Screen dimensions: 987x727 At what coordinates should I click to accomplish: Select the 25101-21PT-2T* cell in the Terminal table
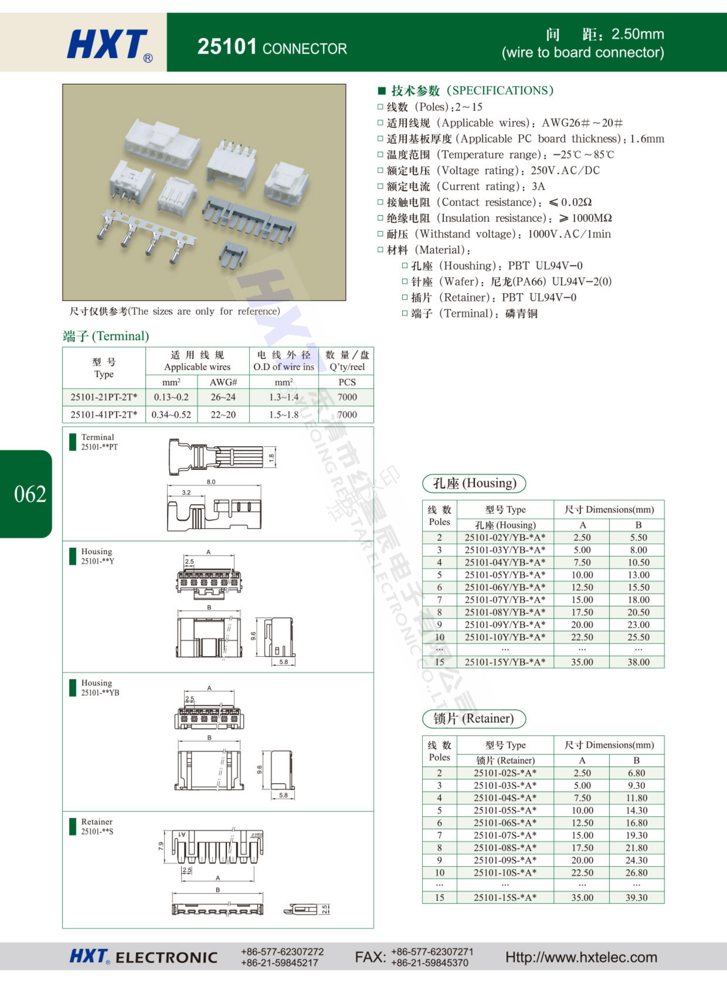click(x=104, y=397)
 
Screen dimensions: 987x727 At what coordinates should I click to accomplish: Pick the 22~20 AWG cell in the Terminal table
click(x=223, y=414)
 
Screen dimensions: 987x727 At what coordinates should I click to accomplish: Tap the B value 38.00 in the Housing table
click(x=638, y=662)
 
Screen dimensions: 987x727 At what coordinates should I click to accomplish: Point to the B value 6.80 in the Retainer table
click(x=636, y=773)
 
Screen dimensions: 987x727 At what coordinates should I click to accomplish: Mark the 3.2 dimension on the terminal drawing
click(x=186, y=492)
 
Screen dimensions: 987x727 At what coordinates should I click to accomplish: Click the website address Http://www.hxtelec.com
click(x=581, y=957)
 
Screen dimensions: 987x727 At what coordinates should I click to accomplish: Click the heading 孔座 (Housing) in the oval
click(x=474, y=483)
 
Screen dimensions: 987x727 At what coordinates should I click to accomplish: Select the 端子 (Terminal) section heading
click(x=106, y=336)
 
